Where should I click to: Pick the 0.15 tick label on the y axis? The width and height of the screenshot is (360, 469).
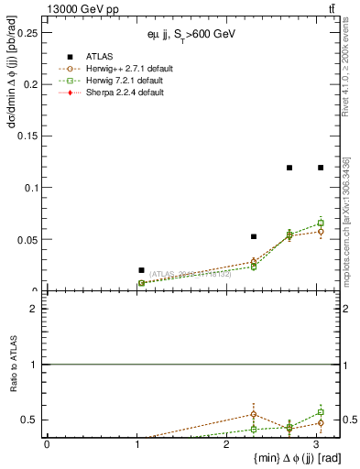pos(26,136)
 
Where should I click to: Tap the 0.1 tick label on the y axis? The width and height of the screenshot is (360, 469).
pos(28,188)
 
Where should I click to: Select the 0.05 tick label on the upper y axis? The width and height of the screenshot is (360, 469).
pos(26,239)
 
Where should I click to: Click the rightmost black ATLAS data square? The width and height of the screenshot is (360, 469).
pos(321,168)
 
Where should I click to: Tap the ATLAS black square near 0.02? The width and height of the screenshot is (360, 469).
pos(141,270)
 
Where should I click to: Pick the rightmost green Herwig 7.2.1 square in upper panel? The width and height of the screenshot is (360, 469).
pos(321,223)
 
